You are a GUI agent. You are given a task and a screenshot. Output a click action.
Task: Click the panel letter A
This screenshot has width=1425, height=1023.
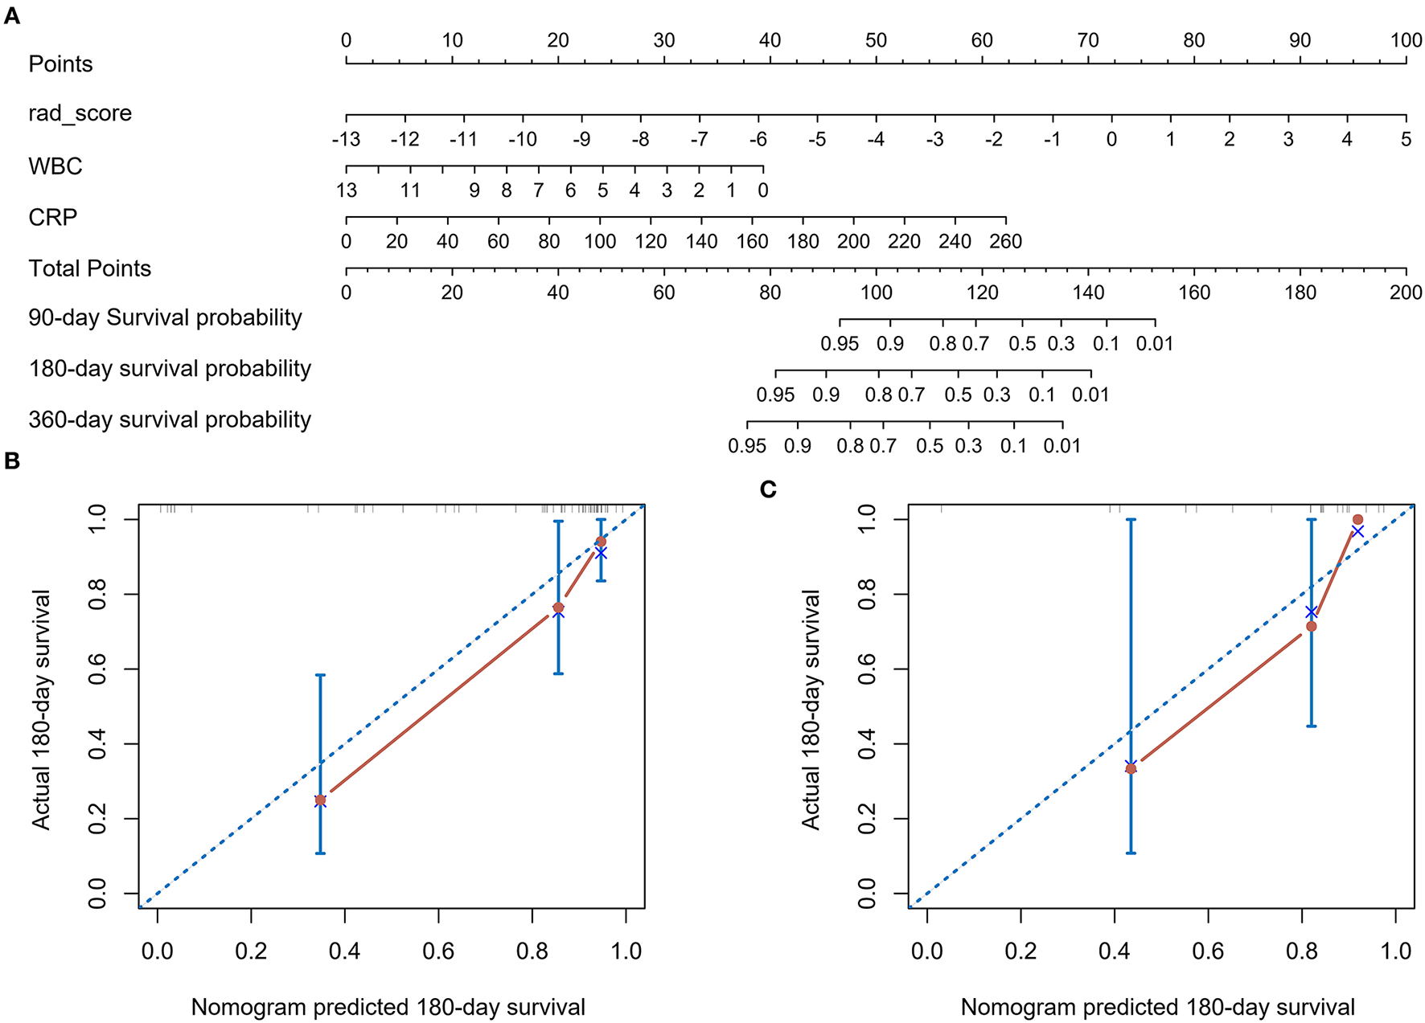[x=11, y=15]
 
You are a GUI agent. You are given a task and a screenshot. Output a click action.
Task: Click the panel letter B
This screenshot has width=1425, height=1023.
[x=11, y=460]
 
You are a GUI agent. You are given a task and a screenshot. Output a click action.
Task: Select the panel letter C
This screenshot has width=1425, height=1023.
[x=768, y=489]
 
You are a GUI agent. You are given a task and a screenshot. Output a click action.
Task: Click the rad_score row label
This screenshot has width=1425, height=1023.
[x=80, y=113]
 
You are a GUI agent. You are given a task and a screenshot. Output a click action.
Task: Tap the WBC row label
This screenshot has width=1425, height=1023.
[x=55, y=166]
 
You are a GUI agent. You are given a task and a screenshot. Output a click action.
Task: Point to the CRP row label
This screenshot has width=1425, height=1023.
[x=53, y=218]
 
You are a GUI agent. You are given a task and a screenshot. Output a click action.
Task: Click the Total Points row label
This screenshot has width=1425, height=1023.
[x=89, y=268]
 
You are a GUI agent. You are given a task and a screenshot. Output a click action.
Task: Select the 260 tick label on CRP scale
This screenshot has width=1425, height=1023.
[x=1005, y=241]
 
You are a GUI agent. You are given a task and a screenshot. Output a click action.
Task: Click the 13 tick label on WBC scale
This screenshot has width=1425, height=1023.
[x=347, y=190]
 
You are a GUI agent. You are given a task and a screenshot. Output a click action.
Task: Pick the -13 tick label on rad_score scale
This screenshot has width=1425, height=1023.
[x=346, y=139]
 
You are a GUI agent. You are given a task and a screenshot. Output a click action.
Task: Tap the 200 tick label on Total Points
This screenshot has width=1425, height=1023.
[x=1405, y=293]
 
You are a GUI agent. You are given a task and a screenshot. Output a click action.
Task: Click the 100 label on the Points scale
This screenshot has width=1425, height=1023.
[x=1405, y=40]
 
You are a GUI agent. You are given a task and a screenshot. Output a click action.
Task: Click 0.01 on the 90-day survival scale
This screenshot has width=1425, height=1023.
[x=1154, y=344]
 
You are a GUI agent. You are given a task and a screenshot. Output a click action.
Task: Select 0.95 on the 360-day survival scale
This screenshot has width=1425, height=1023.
[x=747, y=446]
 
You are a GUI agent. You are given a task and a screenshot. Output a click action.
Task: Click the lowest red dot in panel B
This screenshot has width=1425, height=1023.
[x=320, y=800]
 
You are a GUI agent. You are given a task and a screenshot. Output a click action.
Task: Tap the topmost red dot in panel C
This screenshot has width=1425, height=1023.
[x=1358, y=520]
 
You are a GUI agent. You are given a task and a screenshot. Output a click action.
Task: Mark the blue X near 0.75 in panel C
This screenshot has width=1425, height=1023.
[x=1311, y=612]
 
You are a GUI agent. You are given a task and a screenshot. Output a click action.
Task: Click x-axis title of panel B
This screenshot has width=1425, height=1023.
[x=388, y=1007]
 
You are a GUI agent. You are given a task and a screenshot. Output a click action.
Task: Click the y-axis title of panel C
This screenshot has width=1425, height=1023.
[x=811, y=709]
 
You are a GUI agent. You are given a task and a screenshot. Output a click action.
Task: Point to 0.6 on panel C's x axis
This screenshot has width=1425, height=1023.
[x=1208, y=951]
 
